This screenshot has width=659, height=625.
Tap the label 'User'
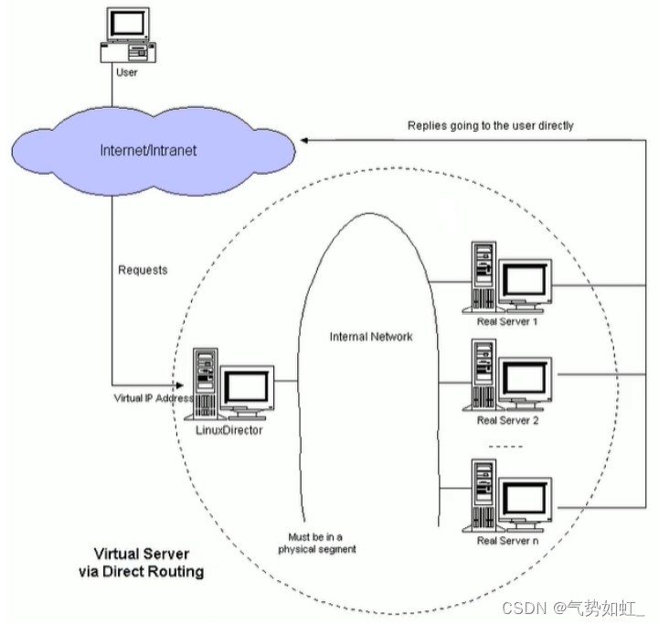127,72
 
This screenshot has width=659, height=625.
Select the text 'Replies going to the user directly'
490,125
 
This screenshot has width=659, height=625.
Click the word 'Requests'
143,271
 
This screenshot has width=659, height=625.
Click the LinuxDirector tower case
207,383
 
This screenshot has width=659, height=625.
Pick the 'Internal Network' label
371,337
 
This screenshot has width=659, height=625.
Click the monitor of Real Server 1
526,280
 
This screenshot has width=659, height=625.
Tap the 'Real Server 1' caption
507,322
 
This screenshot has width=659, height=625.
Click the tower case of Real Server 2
482,376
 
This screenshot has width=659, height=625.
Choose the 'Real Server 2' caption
507,421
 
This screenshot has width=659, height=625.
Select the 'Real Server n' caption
507,542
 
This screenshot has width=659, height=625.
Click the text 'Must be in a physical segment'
317,543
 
